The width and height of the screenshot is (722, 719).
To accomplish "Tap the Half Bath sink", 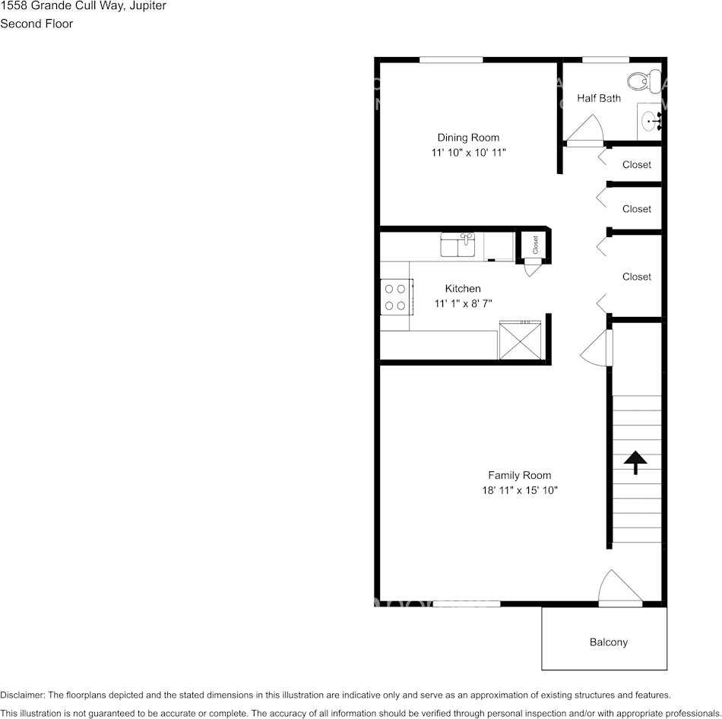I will pos(651,121).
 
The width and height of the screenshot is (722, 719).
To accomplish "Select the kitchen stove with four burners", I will pos(395,296).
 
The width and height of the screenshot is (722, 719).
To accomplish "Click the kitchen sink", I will pos(458,245).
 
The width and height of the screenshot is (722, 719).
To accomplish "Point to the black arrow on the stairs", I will pos(635,462).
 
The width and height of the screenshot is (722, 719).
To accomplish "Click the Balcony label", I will pos(609,642).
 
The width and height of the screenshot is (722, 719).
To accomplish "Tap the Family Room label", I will pos(520,475).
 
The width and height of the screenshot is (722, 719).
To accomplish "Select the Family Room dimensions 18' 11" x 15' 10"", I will pos(520,490).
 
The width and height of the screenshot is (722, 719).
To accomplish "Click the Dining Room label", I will pos(468,138).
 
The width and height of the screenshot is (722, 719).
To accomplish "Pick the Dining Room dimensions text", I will pos(468,153).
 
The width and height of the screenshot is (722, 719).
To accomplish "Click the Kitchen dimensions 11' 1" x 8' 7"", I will pos(463,303).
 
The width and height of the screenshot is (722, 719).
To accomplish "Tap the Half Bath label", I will pos(599,98).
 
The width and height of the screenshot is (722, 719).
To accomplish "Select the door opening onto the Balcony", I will pos(619,589).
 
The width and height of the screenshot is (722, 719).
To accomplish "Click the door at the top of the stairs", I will pos(599,349).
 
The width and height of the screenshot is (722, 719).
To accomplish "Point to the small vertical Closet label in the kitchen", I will pos(535,244).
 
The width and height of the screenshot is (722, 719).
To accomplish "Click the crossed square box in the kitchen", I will pos(521,340).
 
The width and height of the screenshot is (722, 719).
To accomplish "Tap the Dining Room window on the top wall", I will pos(451,59).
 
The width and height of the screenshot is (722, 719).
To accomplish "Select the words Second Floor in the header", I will pos(36,24).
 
